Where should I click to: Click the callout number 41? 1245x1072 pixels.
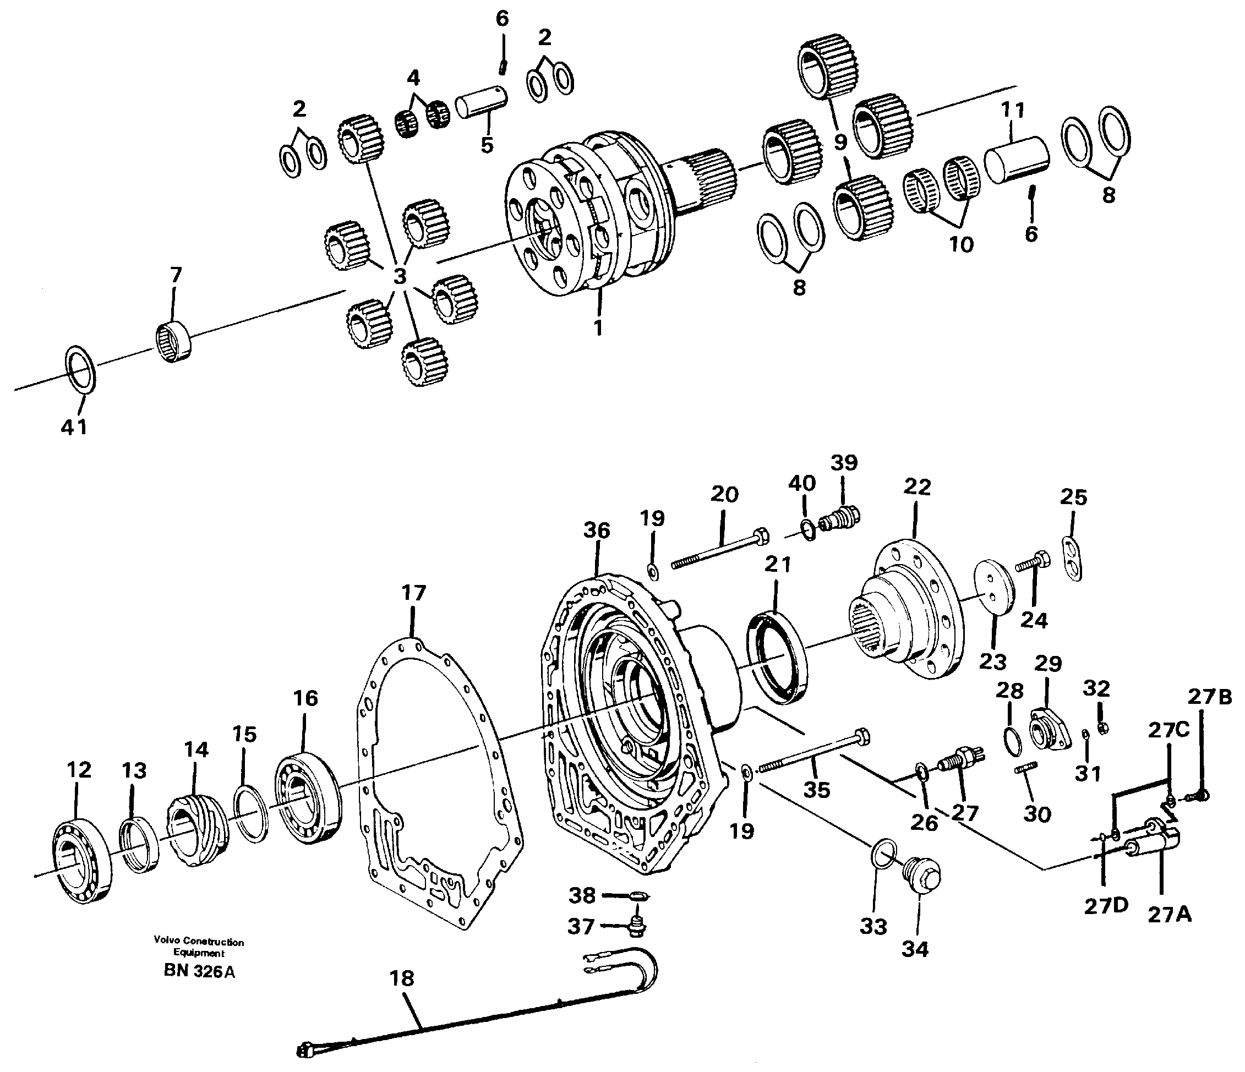pos(74,427)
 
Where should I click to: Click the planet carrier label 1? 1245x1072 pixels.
pos(597,327)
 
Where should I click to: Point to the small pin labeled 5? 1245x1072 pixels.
pos(480,102)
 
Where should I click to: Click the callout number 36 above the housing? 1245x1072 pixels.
pos(596,530)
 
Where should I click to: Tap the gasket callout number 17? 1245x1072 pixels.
pos(413,593)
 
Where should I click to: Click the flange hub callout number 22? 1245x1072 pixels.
pos(916,486)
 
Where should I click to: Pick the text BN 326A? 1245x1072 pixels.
pos(199,972)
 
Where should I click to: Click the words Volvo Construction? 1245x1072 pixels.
pos(198,942)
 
